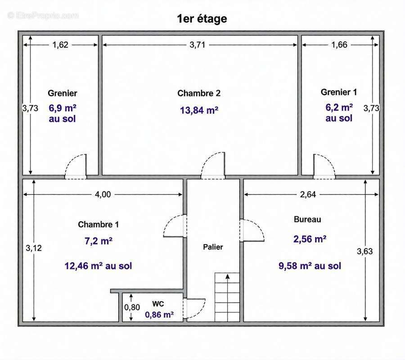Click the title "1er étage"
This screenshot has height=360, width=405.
pyautogui.click(x=202, y=19)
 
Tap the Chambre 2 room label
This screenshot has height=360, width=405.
pyautogui.click(x=199, y=93)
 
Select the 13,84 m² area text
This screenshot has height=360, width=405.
pyautogui.click(x=199, y=110)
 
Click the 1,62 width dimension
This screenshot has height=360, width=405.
pyautogui.click(x=60, y=45)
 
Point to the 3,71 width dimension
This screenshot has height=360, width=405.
pyautogui.click(x=198, y=45)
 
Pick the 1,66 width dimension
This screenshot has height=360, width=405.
pyautogui.click(x=339, y=45)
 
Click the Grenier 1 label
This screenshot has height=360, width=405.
pyautogui.click(x=339, y=92)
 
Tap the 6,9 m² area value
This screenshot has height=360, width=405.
pyautogui.click(x=63, y=108)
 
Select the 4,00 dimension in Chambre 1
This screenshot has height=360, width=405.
pyautogui.click(x=103, y=194)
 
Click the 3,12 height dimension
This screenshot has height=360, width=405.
pyautogui.click(x=34, y=248)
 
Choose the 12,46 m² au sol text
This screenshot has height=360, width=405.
pyautogui.click(x=98, y=266)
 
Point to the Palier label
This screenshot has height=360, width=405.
pyautogui.click(x=213, y=247)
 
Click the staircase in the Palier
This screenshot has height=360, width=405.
pyautogui.click(x=227, y=297)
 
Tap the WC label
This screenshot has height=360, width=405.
pyautogui.click(x=158, y=304)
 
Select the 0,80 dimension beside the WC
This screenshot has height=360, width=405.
pyautogui.click(x=132, y=307)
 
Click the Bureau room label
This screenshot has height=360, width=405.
pyautogui.click(x=307, y=219)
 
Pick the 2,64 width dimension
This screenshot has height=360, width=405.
pyautogui.click(x=308, y=194)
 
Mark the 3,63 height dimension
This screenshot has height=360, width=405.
pyautogui.click(x=364, y=251)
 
